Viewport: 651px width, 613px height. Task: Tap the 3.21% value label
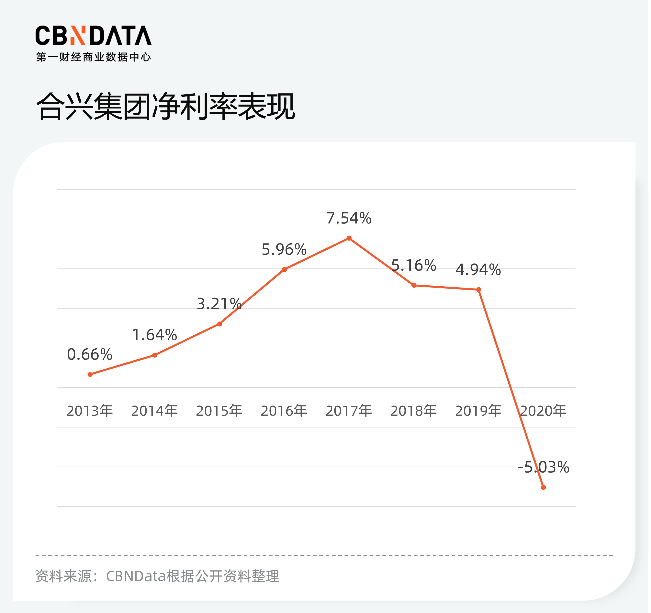point(220,305)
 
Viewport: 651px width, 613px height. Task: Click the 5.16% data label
point(415,266)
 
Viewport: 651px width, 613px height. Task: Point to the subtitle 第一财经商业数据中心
point(94,57)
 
